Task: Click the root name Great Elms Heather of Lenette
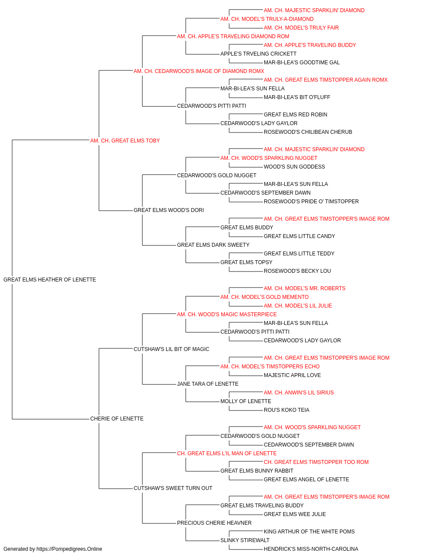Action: coord(49,280)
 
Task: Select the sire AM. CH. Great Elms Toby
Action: coord(125,141)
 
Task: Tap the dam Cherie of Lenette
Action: coord(117,419)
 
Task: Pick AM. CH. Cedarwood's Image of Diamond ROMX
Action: coord(199,71)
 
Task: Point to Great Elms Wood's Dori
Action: coord(169,210)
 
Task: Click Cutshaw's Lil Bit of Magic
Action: coord(171,349)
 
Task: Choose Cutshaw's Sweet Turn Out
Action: coord(173,488)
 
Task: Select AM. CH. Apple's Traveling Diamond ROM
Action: coord(233,36)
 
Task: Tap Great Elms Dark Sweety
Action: coord(213,245)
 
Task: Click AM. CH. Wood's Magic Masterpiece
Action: coord(227,314)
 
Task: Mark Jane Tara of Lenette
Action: coord(208,384)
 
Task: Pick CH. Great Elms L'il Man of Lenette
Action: coord(227,453)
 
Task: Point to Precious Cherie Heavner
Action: coord(214,523)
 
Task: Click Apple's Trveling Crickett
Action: coord(258,54)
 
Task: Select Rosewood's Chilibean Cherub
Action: coord(308,132)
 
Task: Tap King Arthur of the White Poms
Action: coord(309,531)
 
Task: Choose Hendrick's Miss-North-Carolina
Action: coord(311,549)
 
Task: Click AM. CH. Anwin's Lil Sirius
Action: coord(299,393)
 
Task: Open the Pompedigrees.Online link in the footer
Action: coord(69,549)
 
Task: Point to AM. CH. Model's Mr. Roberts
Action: coord(305,288)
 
